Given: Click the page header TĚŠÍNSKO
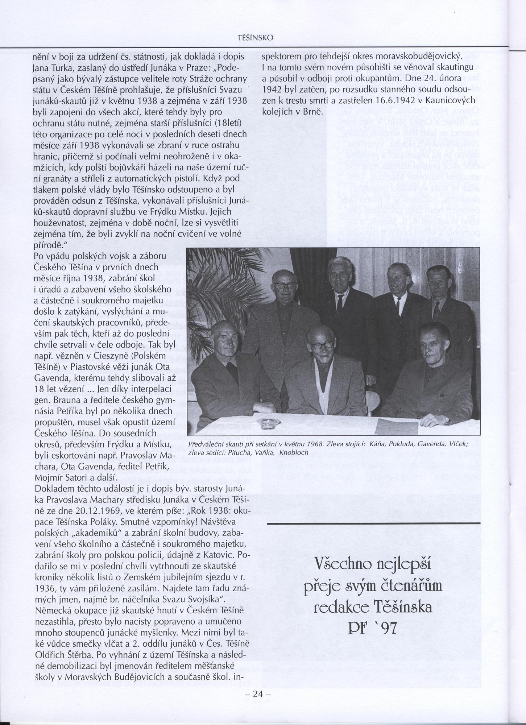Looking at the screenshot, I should [255, 38].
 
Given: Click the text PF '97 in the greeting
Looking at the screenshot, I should [373, 637].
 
